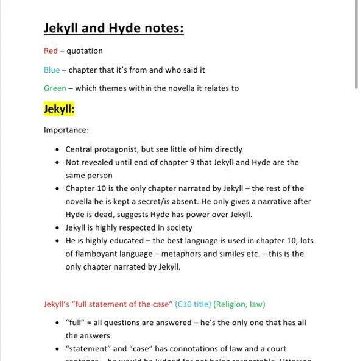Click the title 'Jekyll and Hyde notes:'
tap(113, 28)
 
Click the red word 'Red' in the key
tap(51, 51)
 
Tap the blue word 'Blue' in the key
tap(52, 70)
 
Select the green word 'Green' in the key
tap(55, 88)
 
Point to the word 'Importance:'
tap(66, 130)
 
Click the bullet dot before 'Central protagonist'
tap(57, 149)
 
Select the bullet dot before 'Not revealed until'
tap(57, 163)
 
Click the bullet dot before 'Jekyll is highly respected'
tap(57, 228)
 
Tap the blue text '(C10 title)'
tap(192, 304)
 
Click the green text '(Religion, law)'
tap(239, 304)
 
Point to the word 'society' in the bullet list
tap(178, 228)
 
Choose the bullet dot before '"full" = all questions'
tap(57, 323)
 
